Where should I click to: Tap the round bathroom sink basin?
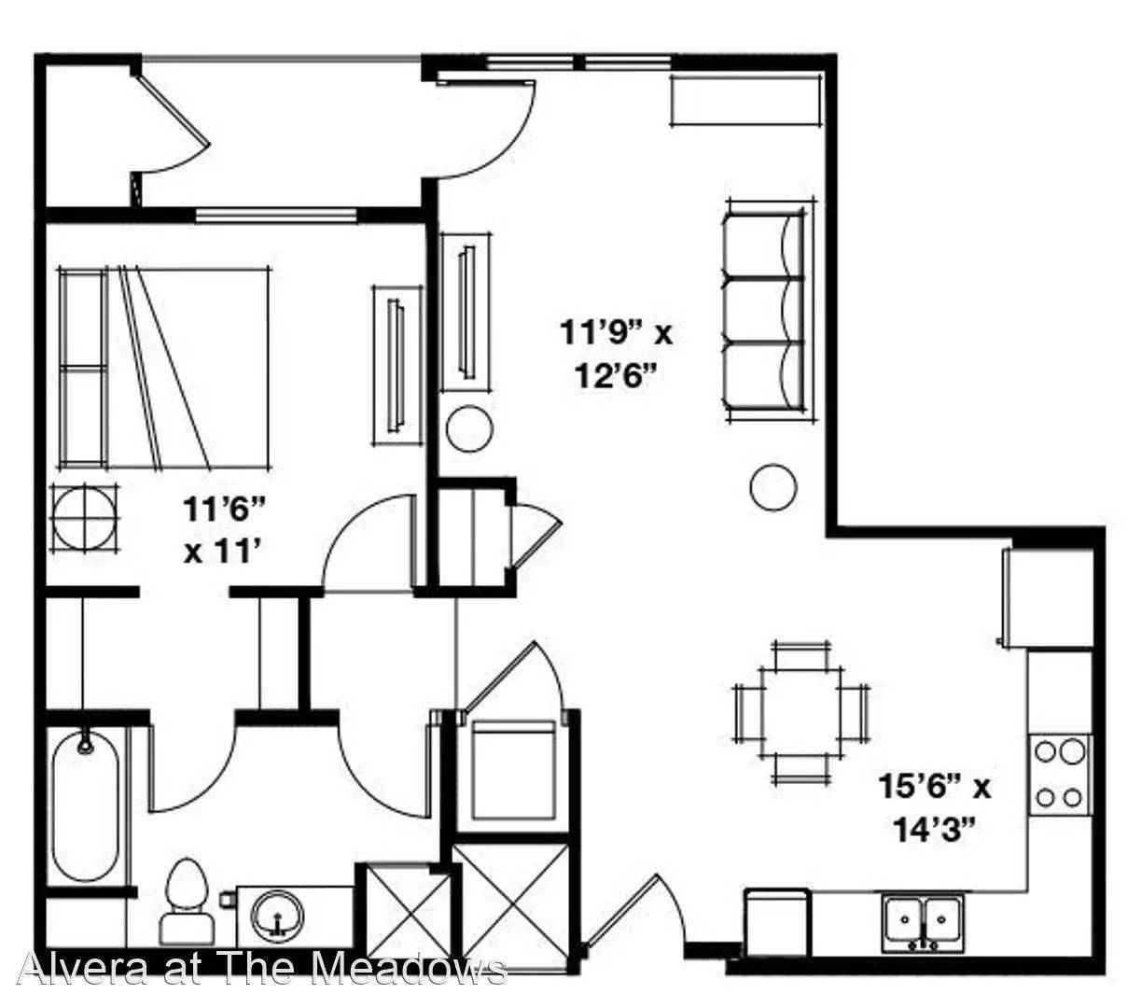[x=277, y=917]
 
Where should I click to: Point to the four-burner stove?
[x=1060, y=775]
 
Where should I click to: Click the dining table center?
[x=800, y=712]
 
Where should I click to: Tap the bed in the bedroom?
[x=163, y=369]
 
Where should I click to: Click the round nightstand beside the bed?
[x=85, y=518]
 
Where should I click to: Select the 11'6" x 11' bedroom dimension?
[x=224, y=529]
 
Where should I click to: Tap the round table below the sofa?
[x=773, y=487]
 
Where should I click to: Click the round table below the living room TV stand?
[x=469, y=428]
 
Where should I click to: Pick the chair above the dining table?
[x=802, y=654]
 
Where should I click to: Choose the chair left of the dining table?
[x=747, y=712]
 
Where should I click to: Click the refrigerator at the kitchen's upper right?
[x=1048, y=598]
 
